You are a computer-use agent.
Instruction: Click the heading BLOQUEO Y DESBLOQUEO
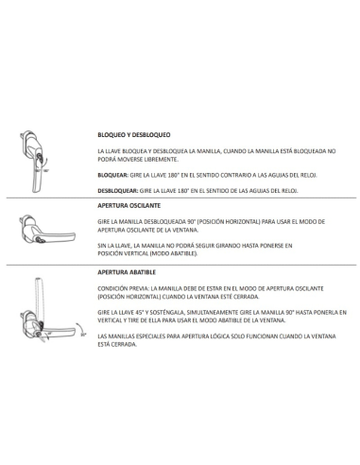(134, 135)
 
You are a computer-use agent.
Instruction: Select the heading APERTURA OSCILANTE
(129, 206)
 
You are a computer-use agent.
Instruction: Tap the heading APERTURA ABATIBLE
(127, 272)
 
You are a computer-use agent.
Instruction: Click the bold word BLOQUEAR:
(113, 175)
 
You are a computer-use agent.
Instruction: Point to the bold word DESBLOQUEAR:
(118, 191)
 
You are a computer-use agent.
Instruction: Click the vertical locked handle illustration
(33, 162)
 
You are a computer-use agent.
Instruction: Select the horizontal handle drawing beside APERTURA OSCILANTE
(47, 230)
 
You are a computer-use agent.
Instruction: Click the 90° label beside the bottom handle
(83, 335)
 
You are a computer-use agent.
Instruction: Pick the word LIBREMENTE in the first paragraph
(163, 160)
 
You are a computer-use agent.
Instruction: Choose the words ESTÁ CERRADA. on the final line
(117, 344)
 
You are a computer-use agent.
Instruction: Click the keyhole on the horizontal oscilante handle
(40, 240)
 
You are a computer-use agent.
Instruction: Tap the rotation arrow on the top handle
(45, 163)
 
